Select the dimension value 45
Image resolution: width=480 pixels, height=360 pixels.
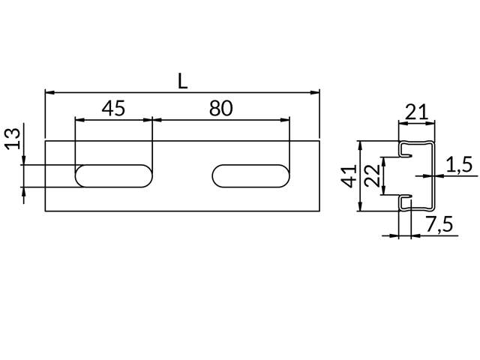(x=112, y=109)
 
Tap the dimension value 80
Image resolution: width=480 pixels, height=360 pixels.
(x=220, y=109)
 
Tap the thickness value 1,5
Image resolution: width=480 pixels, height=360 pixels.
(x=458, y=165)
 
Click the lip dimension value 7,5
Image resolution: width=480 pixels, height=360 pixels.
(x=439, y=223)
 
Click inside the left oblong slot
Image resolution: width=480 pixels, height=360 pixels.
(x=114, y=176)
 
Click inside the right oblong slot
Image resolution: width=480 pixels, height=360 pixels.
(x=251, y=176)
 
